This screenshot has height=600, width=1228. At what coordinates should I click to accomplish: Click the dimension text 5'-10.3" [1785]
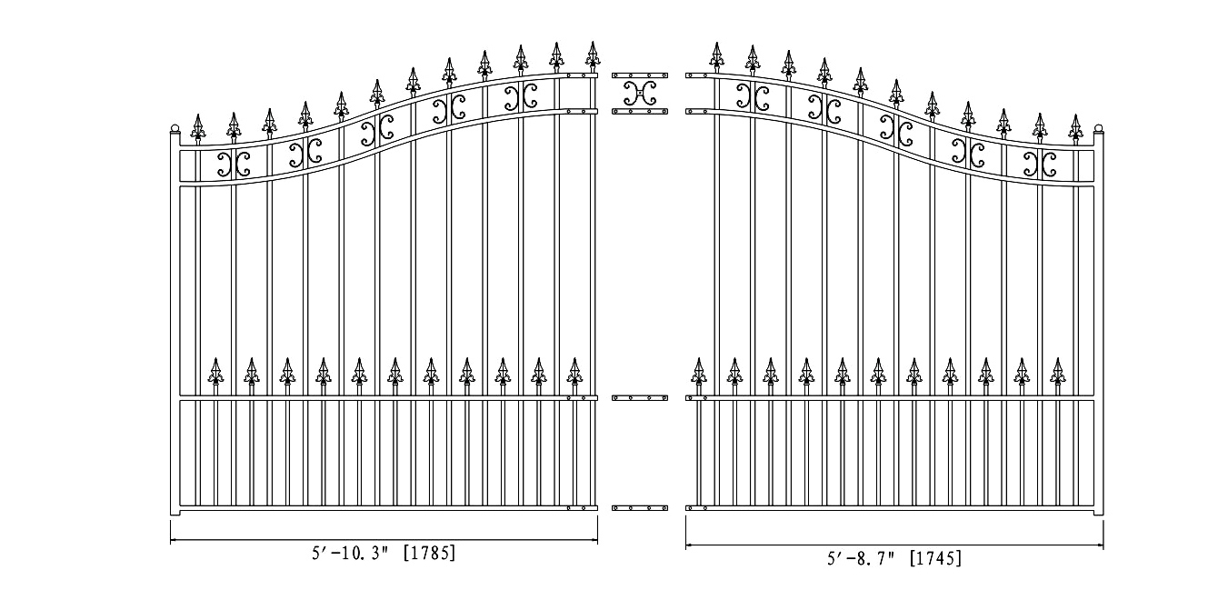pyautogui.click(x=384, y=553)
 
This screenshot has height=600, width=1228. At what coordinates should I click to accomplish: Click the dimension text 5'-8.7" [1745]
pyautogui.click(x=894, y=558)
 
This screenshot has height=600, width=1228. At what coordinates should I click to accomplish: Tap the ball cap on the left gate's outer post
pyautogui.click(x=175, y=129)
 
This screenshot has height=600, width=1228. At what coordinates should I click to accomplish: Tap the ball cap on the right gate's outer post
pyautogui.click(x=1099, y=129)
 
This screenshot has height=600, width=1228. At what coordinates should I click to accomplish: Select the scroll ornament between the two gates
pyautogui.click(x=640, y=94)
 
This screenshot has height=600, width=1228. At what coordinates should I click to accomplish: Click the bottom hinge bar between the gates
pyautogui.click(x=640, y=508)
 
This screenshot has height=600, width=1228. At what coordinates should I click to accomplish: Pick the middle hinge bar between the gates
pyautogui.click(x=640, y=397)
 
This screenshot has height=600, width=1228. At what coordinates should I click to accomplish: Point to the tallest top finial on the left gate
pyautogui.click(x=593, y=56)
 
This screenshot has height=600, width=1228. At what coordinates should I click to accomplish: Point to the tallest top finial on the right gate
pyautogui.click(x=716, y=57)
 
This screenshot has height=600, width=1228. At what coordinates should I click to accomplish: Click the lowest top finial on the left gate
pyautogui.click(x=198, y=130)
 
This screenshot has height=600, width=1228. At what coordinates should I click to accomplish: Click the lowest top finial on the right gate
pyautogui.click(x=1075, y=130)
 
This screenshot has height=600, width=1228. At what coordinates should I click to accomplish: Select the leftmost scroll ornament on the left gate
pyautogui.click(x=234, y=164)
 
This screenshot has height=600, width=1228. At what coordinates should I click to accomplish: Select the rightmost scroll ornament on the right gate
pyautogui.click(x=1040, y=164)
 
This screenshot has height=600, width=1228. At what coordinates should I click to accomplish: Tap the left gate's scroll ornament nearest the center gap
pyautogui.click(x=521, y=97)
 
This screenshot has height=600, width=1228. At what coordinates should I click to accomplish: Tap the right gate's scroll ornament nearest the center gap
pyautogui.click(x=753, y=97)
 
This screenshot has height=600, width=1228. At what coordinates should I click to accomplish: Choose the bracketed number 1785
pyautogui.click(x=429, y=553)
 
